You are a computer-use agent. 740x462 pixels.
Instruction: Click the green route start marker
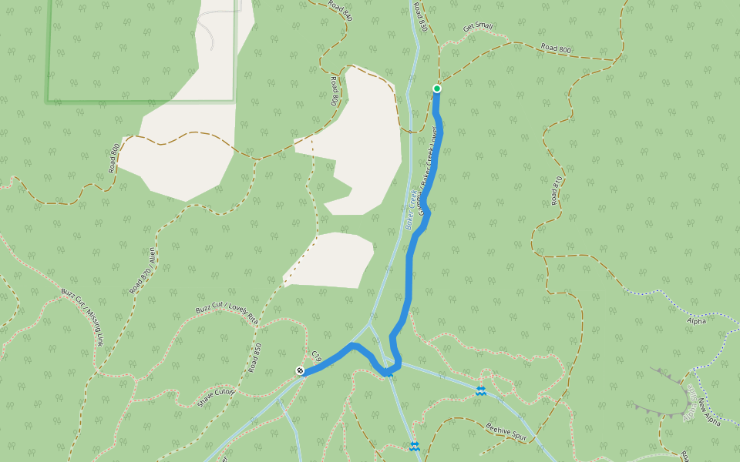coord(437,89)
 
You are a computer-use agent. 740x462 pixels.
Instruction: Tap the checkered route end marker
coord(300,371)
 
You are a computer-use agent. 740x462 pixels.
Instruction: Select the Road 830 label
coord(419,17)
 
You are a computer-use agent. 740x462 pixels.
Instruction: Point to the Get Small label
coord(478,27)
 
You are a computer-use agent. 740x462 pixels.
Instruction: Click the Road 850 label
coord(256,357)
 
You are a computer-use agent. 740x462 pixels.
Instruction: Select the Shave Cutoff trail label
coord(216,397)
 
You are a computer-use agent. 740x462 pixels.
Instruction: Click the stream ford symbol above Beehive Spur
coord(481,392)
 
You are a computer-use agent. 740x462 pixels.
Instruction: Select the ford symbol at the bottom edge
coord(415,447)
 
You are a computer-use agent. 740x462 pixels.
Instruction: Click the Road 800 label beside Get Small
coord(556,49)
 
